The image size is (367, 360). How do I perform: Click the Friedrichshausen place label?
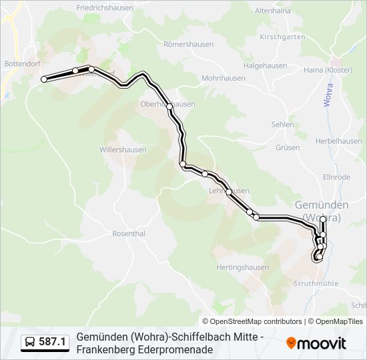pos(104,8)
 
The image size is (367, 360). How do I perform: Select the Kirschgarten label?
pos(282,37)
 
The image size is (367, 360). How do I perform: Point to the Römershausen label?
pos(189,44)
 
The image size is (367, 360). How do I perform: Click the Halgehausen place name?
pos(265,65)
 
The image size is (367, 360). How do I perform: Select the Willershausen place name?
pos(123,149)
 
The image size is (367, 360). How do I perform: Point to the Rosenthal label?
pos(129,234)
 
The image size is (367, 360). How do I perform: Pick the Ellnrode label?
pos(336,177)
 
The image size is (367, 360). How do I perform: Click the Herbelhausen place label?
pos(338,141)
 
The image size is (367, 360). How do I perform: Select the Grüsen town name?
pos(288,147)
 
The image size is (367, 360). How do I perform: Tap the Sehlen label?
pos(283,125)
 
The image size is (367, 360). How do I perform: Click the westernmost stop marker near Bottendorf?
pos(44,79)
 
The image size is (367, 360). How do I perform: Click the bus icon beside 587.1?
pos(31,343)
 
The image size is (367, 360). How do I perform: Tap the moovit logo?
pos(316,343)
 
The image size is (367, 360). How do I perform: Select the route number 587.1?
pos(52,343)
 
